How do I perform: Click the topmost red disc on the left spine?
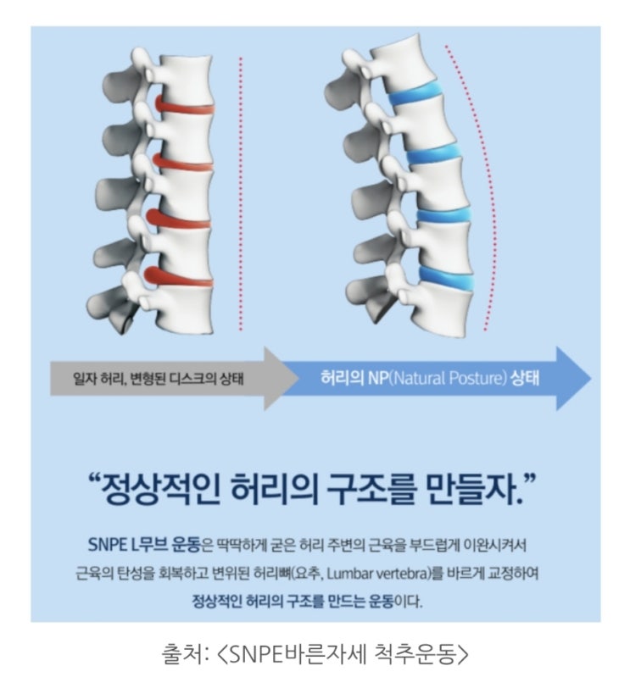tap(184, 106)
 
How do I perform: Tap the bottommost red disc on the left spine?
tap(178, 278)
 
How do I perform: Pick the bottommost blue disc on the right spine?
tap(447, 277)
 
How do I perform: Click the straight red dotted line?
tap(241, 193)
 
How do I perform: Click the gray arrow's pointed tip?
tap(299, 378)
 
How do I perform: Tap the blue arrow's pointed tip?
tap(591, 378)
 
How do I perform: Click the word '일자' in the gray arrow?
tap(85, 379)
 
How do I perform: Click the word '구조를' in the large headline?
tap(371, 489)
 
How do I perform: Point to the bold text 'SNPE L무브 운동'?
tap(144, 545)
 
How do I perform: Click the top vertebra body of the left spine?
tap(187, 79)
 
